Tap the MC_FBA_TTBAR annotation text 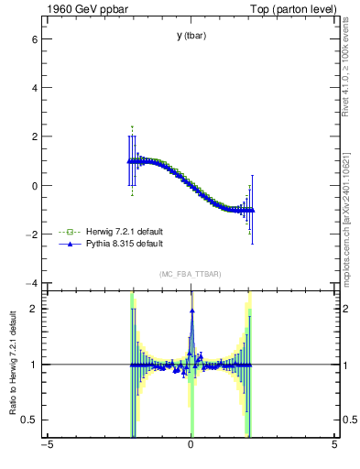(191, 275)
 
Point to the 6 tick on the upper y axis (34, 40)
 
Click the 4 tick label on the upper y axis (34, 89)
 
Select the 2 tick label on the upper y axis (34, 137)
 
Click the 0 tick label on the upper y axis (34, 186)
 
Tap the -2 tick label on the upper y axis (31, 234)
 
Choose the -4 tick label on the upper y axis (31, 283)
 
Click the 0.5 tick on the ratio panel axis (29, 420)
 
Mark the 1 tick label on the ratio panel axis (34, 365)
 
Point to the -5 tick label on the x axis (46, 446)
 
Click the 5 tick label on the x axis (334, 446)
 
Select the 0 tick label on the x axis (191, 446)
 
